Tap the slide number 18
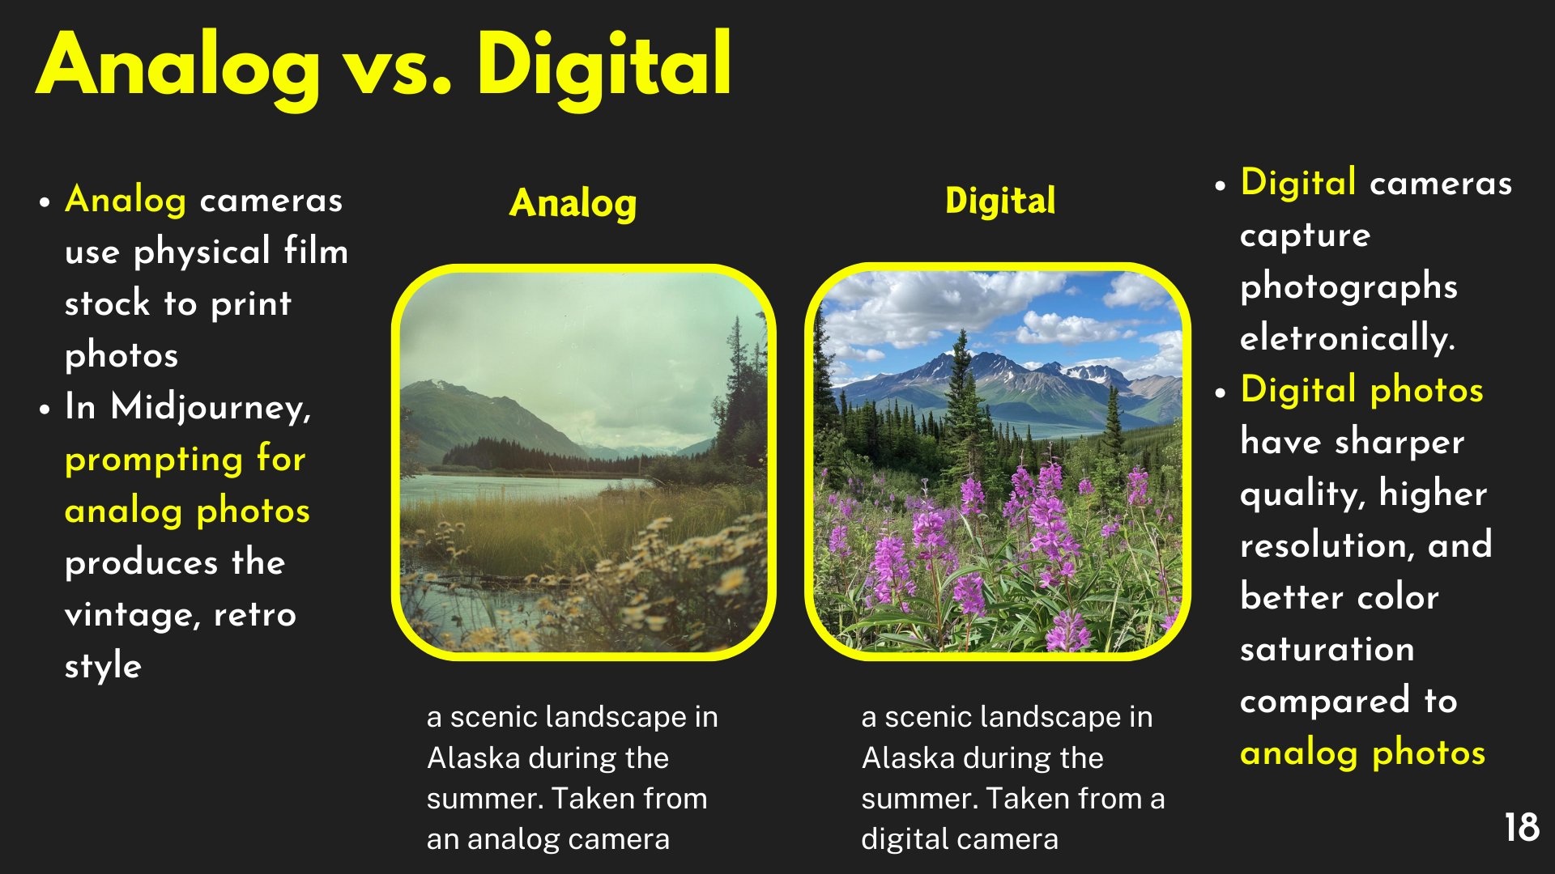click(1522, 828)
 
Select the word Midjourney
click(210, 407)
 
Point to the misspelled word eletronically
click(1347, 337)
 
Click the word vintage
click(130, 615)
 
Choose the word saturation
click(1327, 649)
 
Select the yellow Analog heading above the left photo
click(573, 203)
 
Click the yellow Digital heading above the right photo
click(1000, 201)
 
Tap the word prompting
click(153, 460)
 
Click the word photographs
click(1348, 287)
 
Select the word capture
click(1305, 235)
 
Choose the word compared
click(1324, 701)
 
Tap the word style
click(103, 666)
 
